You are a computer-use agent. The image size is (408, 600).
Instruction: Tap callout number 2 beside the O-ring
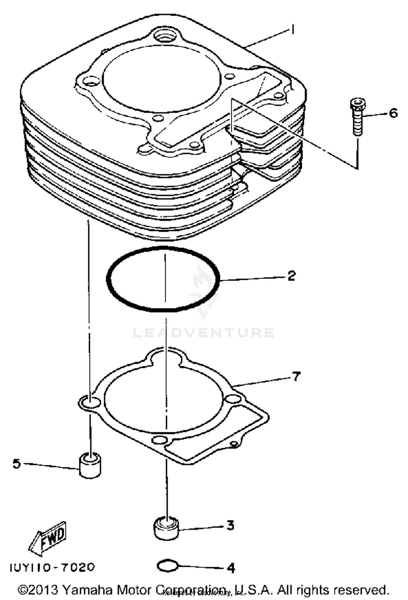click(291, 276)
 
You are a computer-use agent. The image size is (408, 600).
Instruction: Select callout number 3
click(230, 525)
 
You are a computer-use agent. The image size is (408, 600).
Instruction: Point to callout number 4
click(231, 568)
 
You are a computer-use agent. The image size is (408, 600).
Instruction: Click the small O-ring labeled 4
click(167, 566)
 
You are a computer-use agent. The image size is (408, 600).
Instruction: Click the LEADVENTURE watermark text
click(203, 332)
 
